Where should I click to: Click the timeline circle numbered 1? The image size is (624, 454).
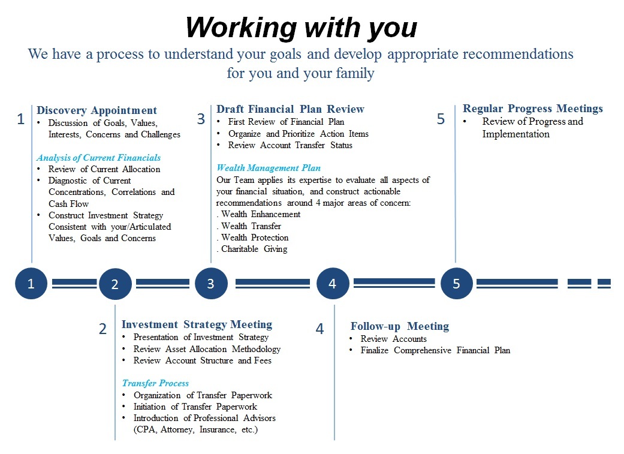[31, 284]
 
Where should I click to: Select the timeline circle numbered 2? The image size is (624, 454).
[115, 284]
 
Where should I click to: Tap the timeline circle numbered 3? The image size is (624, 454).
[212, 284]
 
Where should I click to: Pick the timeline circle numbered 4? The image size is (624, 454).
[333, 284]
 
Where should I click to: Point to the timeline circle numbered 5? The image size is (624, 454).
[456, 284]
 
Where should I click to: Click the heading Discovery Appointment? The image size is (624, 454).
[97, 110]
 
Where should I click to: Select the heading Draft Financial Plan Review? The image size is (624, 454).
[291, 109]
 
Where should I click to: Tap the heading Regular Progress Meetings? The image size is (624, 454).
[533, 109]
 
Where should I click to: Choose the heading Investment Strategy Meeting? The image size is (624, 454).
[197, 324]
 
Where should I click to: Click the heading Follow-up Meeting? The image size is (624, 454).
[400, 326]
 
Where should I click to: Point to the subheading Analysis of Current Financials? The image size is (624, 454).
[99, 158]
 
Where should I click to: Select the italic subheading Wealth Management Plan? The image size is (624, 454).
[269, 168]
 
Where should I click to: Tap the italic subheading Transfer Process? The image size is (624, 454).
[156, 383]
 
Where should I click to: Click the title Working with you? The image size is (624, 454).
[302, 28]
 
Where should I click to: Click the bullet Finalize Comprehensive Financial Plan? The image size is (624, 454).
[435, 350]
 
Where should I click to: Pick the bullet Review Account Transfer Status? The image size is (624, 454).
[290, 145]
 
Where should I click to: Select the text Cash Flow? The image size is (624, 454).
[68, 204]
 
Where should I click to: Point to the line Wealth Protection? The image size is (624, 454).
[253, 237]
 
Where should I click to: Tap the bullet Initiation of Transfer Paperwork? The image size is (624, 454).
[195, 407]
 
